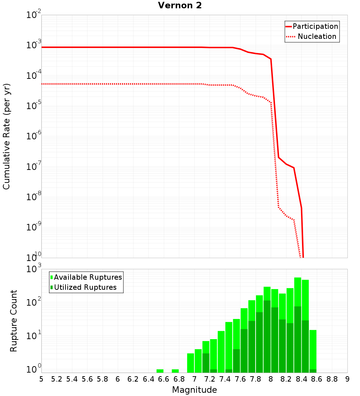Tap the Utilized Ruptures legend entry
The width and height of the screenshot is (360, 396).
(x=85, y=287)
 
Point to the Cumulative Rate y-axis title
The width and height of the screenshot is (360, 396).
(x=6, y=136)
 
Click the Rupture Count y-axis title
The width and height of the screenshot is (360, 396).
(x=14, y=321)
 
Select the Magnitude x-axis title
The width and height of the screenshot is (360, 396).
(x=194, y=390)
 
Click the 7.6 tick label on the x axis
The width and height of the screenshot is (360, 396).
(x=240, y=379)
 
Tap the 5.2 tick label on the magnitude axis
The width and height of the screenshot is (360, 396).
(x=57, y=379)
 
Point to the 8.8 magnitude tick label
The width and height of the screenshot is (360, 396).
(x=332, y=379)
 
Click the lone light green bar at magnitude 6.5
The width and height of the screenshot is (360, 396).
(x=160, y=371)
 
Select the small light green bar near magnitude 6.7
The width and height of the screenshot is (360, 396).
(x=175, y=371)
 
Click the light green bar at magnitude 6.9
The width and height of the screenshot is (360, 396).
(x=190, y=363)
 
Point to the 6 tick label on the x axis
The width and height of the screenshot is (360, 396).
(x=118, y=379)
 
